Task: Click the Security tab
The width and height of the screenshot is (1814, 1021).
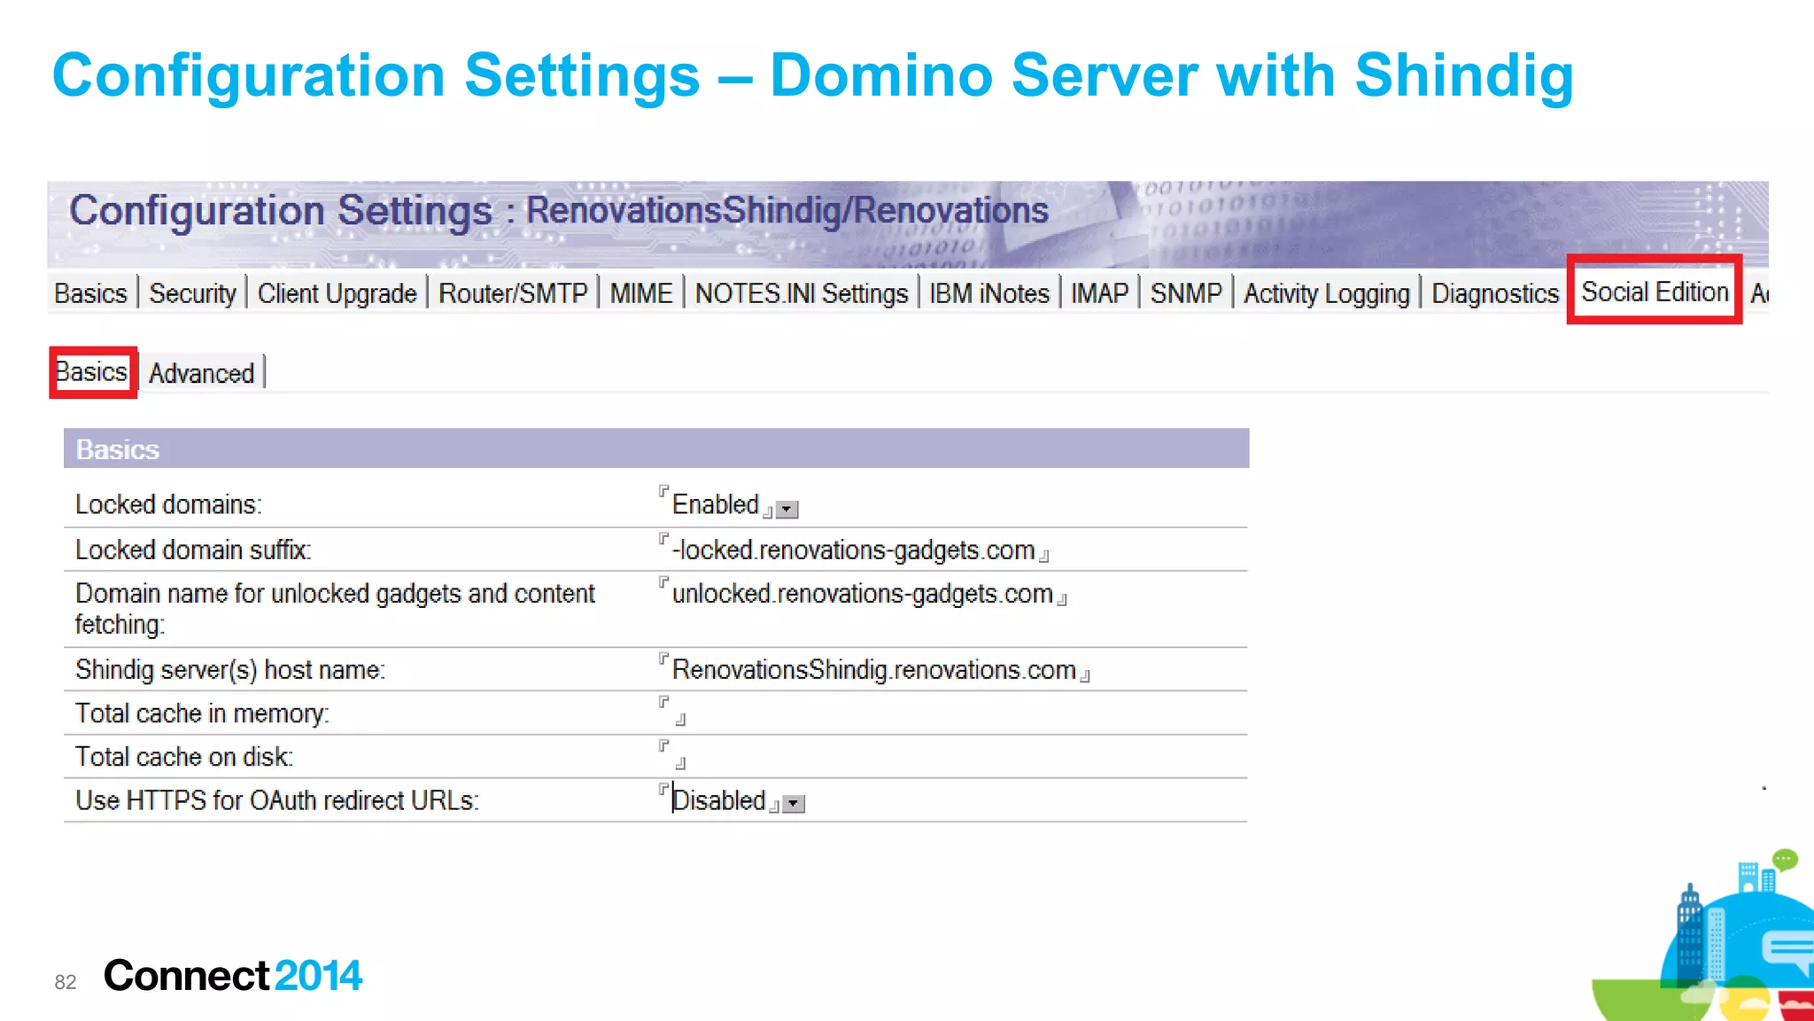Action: coord(192,293)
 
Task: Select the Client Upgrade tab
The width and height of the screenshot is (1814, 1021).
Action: coord(337,293)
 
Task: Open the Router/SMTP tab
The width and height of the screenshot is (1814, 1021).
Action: coord(513,293)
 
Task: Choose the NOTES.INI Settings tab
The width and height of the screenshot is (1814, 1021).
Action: coord(801,293)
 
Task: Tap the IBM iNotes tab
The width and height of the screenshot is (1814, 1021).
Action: coord(988,293)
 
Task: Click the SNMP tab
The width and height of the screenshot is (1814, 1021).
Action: coord(1185,293)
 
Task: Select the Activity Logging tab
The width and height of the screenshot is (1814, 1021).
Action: coord(1326,293)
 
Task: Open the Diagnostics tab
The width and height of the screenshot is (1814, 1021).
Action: coord(1494,293)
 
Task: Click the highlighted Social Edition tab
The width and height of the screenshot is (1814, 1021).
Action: coord(1654,292)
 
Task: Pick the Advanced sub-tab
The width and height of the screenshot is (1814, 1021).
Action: coord(201,373)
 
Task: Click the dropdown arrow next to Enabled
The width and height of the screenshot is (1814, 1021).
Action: coord(787,510)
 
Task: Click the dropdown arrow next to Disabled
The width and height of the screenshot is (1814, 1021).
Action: coord(795,804)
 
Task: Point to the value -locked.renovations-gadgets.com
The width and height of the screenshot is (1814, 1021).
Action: coord(853,550)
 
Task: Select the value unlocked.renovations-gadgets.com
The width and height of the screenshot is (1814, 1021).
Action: coord(862,594)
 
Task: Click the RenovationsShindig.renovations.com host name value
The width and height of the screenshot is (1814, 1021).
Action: coord(873,670)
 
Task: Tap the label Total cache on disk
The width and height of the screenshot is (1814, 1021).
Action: coord(183,757)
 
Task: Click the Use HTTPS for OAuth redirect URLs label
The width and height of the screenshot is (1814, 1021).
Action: coord(276,800)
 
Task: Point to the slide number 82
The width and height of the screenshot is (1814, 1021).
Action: coord(66,982)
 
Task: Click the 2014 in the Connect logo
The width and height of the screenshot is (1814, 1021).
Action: coord(318,976)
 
